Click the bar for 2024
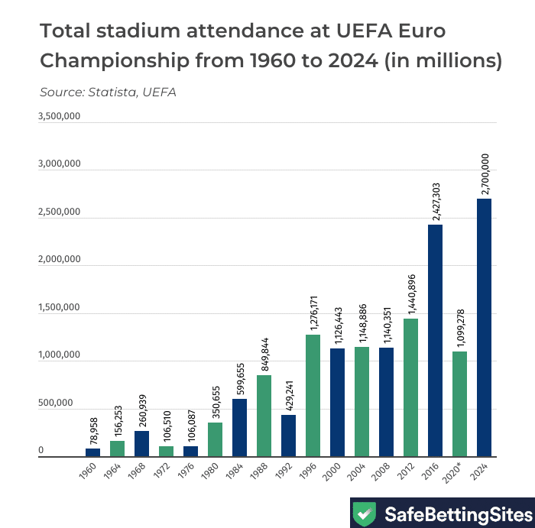tap(484, 328)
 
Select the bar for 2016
tap(435, 341)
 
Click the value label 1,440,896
tap(410, 290)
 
